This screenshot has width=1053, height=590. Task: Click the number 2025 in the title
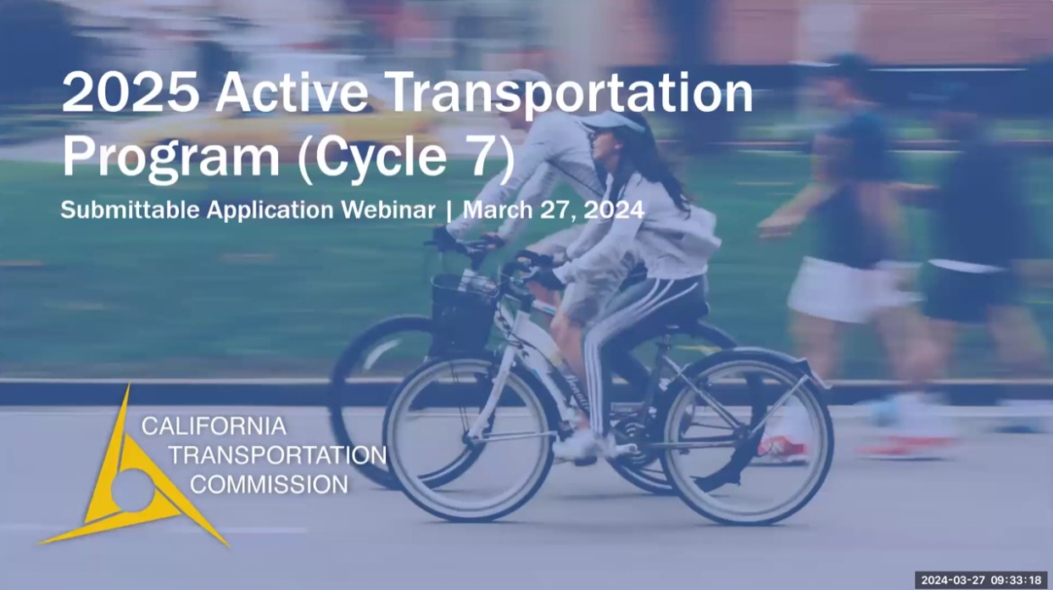point(131,93)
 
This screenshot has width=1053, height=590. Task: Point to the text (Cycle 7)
point(405,159)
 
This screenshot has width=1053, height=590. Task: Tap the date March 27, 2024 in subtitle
point(553,210)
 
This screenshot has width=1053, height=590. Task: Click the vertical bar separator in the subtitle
point(448,210)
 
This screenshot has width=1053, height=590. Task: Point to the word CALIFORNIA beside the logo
point(214,426)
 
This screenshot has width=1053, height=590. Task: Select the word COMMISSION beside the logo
point(269,485)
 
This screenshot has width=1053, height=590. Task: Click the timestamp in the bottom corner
point(981,580)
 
